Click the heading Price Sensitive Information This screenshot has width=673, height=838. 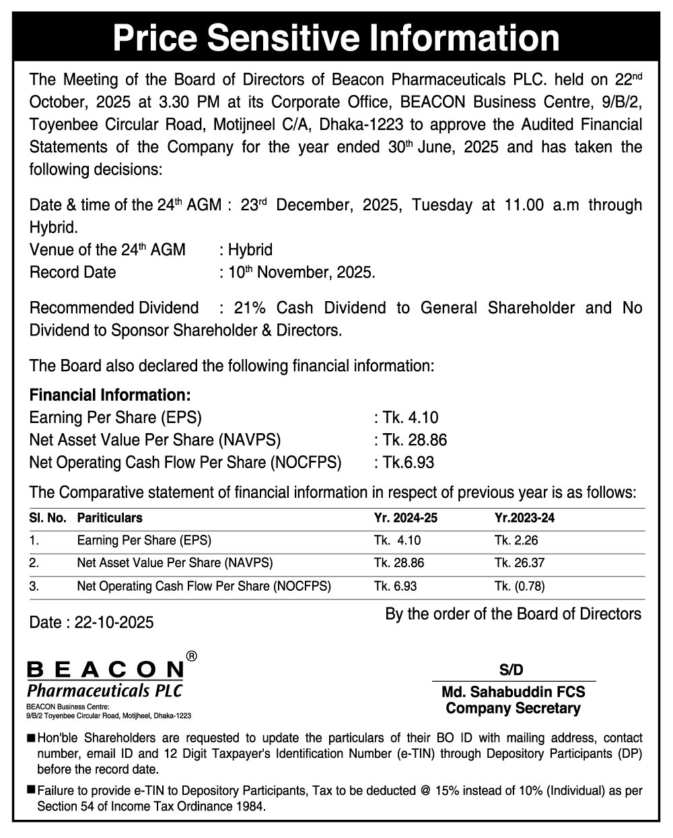[x=336, y=38]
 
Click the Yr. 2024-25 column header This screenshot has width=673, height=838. [x=402, y=519]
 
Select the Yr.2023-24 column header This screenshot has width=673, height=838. [x=524, y=519]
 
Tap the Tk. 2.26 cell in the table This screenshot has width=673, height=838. [x=516, y=541]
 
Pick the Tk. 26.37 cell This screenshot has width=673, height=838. [x=518, y=563]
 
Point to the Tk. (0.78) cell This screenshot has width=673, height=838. [x=519, y=586]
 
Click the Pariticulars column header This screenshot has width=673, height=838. [x=110, y=519]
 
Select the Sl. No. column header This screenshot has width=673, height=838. [x=47, y=519]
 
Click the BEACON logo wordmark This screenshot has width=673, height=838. [x=105, y=670]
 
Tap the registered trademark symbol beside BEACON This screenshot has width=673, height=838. [x=191, y=655]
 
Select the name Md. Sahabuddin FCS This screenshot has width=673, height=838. [x=513, y=692]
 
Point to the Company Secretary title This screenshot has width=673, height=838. [x=513, y=708]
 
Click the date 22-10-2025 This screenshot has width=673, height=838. [x=114, y=622]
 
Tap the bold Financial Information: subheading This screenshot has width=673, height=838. [x=110, y=395]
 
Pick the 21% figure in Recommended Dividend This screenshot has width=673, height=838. [x=250, y=309]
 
